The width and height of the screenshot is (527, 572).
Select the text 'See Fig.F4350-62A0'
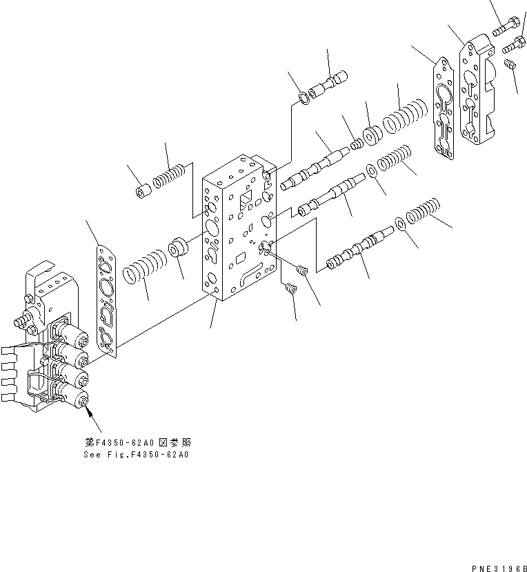136,455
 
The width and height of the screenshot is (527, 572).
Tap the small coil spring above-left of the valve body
168,176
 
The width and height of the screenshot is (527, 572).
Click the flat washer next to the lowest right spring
401,224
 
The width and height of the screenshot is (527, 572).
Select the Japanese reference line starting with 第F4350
135,442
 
